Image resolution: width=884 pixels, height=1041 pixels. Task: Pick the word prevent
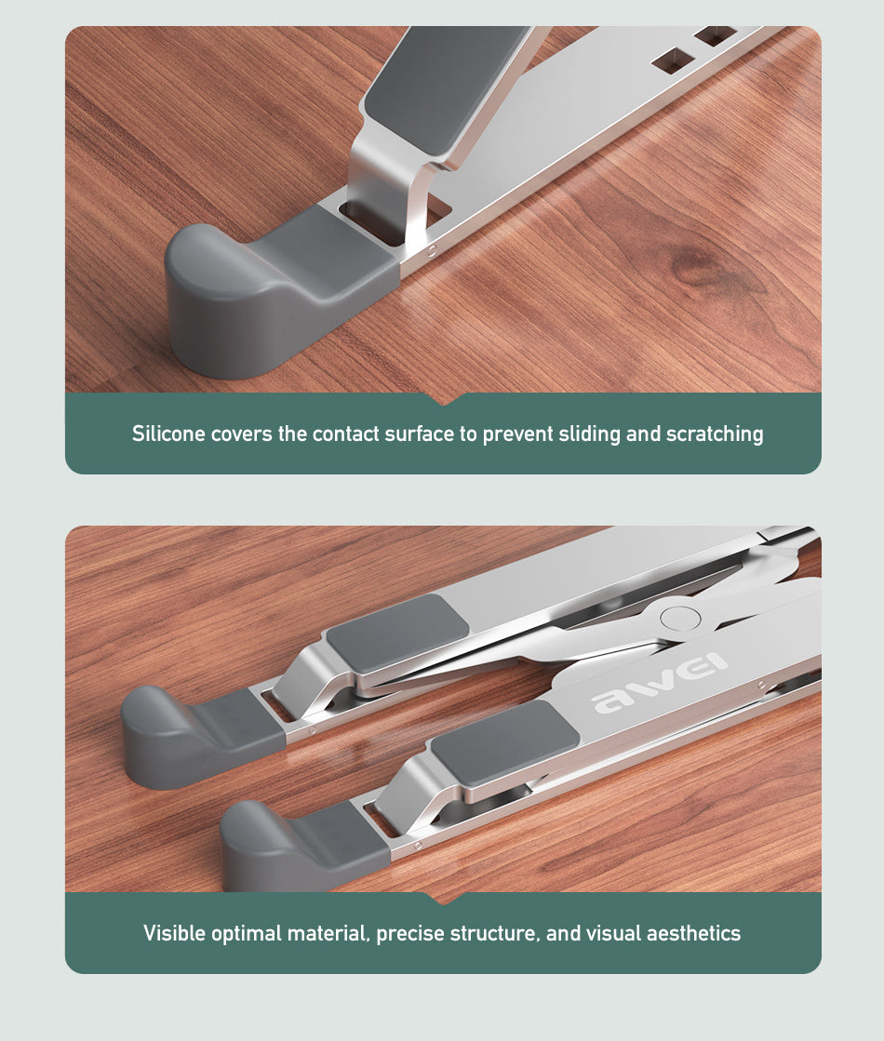click(x=516, y=434)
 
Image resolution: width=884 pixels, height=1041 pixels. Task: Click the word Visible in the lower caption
click(x=173, y=933)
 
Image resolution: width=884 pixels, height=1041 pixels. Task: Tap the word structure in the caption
click(x=494, y=933)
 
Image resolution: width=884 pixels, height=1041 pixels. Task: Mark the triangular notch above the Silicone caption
click(x=444, y=398)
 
